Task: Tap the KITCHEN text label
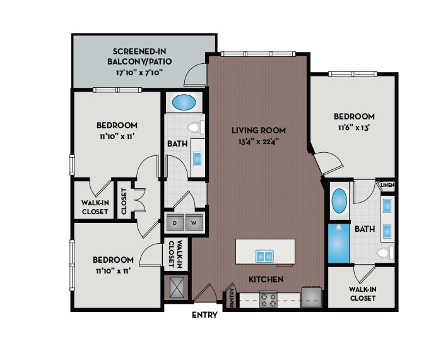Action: point(266,279)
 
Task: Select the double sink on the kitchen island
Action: point(264,256)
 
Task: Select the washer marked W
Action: point(193,222)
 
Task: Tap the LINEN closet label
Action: point(387,185)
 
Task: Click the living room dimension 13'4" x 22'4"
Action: point(259,141)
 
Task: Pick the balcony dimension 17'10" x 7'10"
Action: point(139,73)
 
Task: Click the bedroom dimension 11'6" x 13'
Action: point(354,127)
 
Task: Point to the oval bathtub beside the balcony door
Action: point(184,101)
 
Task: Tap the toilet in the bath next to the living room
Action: point(194,128)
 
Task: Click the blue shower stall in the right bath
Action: point(338,242)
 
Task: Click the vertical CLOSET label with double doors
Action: point(124,201)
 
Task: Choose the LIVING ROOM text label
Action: point(259,130)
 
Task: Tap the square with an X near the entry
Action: point(176,287)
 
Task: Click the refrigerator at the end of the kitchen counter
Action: point(312,296)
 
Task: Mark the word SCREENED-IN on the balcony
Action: point(139,51)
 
